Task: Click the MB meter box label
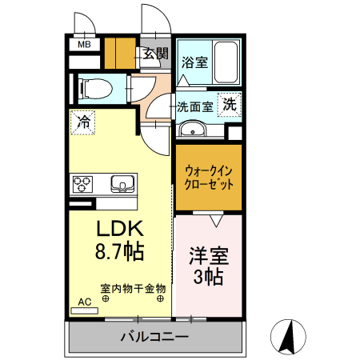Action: pyautogui.click(x=84, y=45)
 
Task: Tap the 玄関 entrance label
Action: pyautogui.click(x=155, y=54)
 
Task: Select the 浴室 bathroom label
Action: pyautogui.click(x=194, y=62)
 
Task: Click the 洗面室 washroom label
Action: pyautogui.click(x=194, y=105)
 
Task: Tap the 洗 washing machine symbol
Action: pyautogui.click(x=230, y=104)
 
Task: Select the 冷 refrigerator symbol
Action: pyautogui.click(x=83, y=122)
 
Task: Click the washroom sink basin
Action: pyautogui.click(x=192, y=130)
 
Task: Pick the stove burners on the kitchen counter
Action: pyautogui.click(x=82, y=184)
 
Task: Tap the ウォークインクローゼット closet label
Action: pyautogui.click(x=209, y=177)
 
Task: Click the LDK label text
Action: pyautogui.click(x=120, y=228)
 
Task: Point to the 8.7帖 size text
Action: pyautogui.click(x=120, y=252)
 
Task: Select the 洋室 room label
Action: pyautogui.click(x=209, y=257)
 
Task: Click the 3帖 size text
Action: pyautogui.click(x=209, y=278)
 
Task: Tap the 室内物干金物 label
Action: pyautogui.click(x=133, y=287)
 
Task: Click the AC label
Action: pyautogui.click(x=84, y=302)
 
